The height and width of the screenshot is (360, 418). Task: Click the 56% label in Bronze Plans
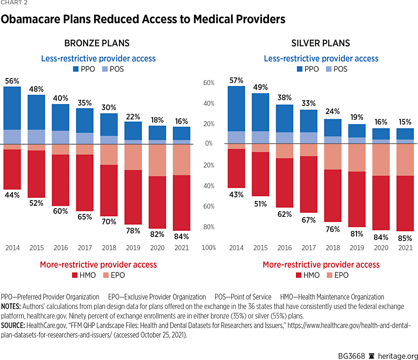[x=12, y=81]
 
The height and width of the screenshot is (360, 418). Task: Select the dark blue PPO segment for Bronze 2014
[x=12, y=108]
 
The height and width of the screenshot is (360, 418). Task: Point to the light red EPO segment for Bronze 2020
[x=157, y=160]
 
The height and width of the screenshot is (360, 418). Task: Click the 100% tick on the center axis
[x=209, y=248]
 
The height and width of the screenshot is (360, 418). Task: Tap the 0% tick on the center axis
[x=209, y=144]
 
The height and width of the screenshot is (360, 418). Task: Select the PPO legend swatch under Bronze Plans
[x=76, y=69]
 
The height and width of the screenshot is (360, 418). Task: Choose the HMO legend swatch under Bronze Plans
[x=74, y=275]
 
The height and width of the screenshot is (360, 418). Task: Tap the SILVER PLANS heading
[x=321, y=44]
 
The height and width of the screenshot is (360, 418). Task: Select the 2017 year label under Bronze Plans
[x=85, y=248]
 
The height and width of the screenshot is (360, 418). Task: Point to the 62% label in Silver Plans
[x=285, y=214]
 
